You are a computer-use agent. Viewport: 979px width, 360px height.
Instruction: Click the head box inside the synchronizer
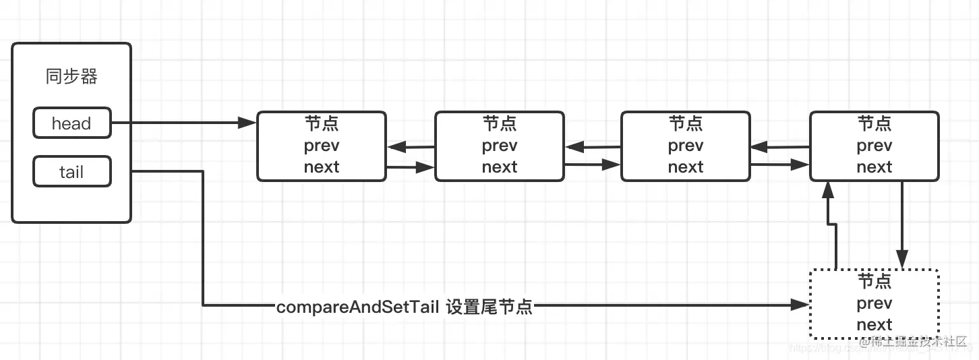click(x=71, y=123)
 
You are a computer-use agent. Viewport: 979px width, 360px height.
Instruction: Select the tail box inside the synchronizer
click(x=71, y=172)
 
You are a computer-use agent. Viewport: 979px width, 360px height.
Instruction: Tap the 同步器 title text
click(x=71, y=77)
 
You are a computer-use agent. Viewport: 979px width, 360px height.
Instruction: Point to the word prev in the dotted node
click(x=874, y=303)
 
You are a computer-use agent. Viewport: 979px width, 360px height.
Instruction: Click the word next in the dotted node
click(x=874, y=324)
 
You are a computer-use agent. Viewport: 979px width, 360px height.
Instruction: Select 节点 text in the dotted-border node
click(x=874, y=281)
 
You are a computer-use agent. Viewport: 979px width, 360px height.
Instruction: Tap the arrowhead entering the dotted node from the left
click(x=800, y=306)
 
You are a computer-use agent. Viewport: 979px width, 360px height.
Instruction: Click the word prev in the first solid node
click(x=322, y=146)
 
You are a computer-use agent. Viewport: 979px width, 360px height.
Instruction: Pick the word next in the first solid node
click(x=322, y=167)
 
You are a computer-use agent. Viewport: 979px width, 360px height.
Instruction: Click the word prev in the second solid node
click(x=500, y=146)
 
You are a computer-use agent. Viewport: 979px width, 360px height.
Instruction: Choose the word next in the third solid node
click(x=686, y=167)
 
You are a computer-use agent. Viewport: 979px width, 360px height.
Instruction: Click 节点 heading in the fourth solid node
click(x=874, y=124)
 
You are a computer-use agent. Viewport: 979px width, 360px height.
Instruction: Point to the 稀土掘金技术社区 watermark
click(x=919, y=342)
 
